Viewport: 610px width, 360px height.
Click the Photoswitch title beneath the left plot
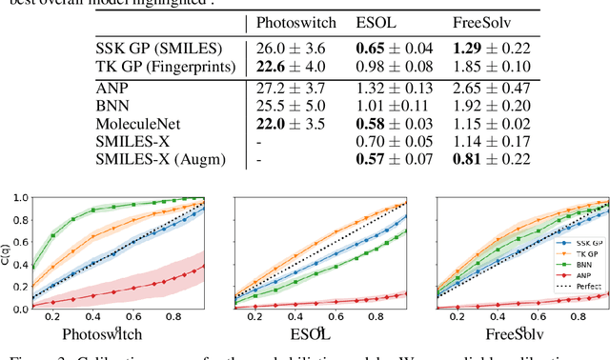click(103, 334)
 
